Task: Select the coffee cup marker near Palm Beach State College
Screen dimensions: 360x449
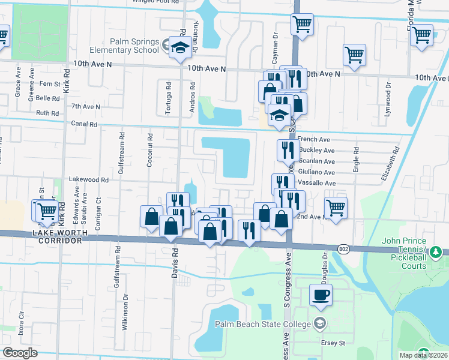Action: coord(321,295)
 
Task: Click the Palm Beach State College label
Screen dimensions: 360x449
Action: coord(264,325)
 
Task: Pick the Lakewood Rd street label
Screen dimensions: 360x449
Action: coord(88,179)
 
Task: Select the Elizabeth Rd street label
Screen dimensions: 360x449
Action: coord(391,165)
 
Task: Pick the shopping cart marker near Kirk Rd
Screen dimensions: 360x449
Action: coord(46,211)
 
